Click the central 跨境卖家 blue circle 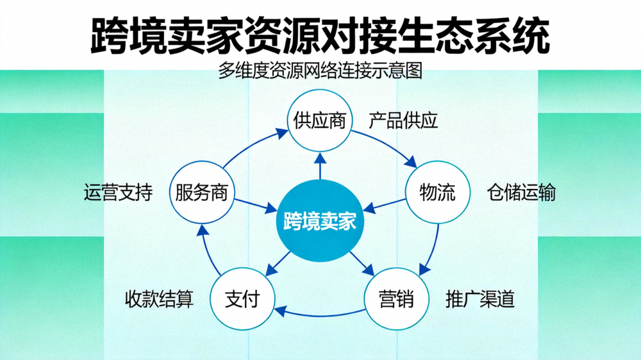tap(319, 222)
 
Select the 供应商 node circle tap(319, 120)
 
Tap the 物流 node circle tap(437, 192)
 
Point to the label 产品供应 tap(403, 120)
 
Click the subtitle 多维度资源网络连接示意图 tap(320, 70)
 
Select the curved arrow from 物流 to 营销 tap(433, 247)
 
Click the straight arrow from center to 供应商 tap(319, 168)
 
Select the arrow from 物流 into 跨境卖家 tap(385, 204)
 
